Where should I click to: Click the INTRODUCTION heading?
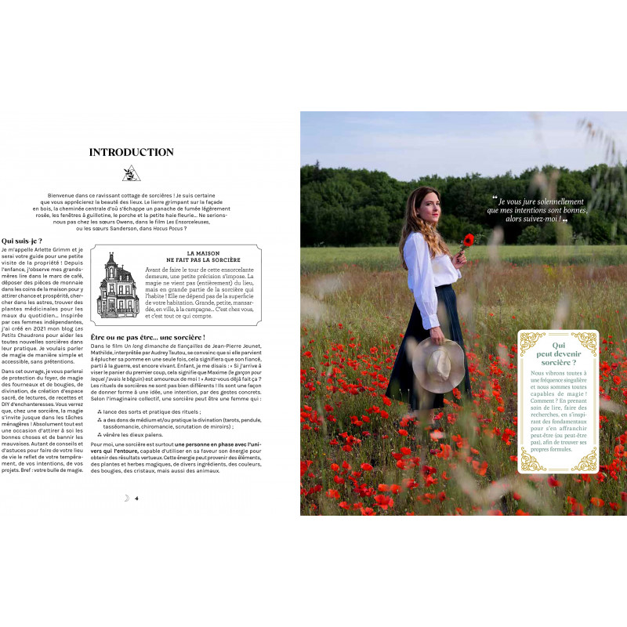[132, 152]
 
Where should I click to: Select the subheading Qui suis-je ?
[22, 241]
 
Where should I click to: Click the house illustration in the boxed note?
[118, 285]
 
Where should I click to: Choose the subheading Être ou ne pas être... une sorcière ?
[147, 337]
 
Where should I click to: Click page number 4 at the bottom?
[136, 498]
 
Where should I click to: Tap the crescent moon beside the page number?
[126, 498]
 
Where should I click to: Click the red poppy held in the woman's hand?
[469, 240]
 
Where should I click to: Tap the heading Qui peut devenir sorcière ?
[558, 353]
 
